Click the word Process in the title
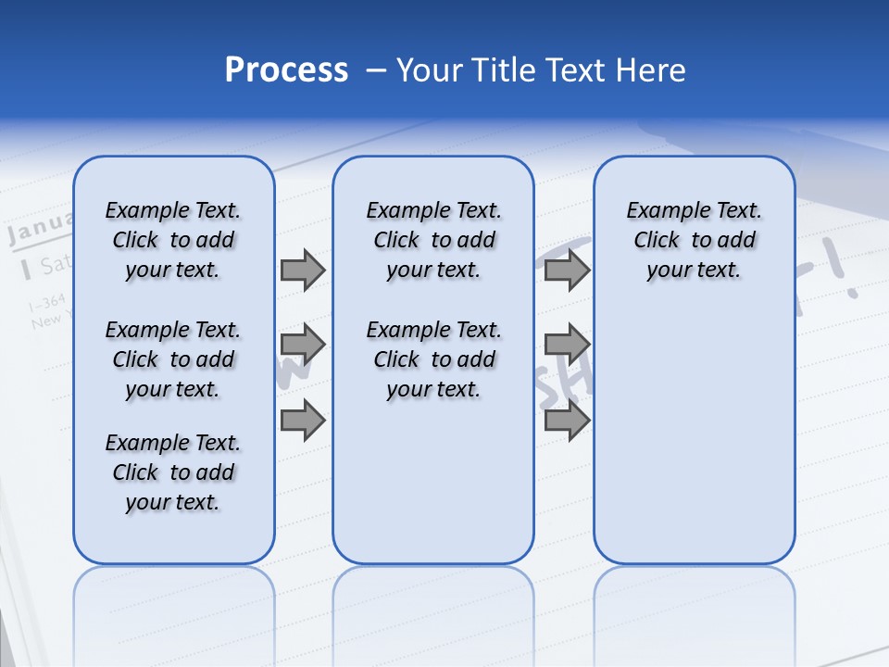click(x=286, y=70)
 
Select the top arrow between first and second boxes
click(x=303, y=271)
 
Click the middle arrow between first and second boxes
click(x=303, y=345)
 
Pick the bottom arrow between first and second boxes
click(x=303, y=420)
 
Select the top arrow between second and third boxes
click(x=567, y=271)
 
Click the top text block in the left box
click(x=173, y=241)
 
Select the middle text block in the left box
click(x=173, y=359)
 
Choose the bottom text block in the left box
click(x=173, y=472)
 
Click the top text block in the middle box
click(x=433, y=241)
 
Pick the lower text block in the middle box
click(x=433, y=359)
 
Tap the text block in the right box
click(x=694, y=241)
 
